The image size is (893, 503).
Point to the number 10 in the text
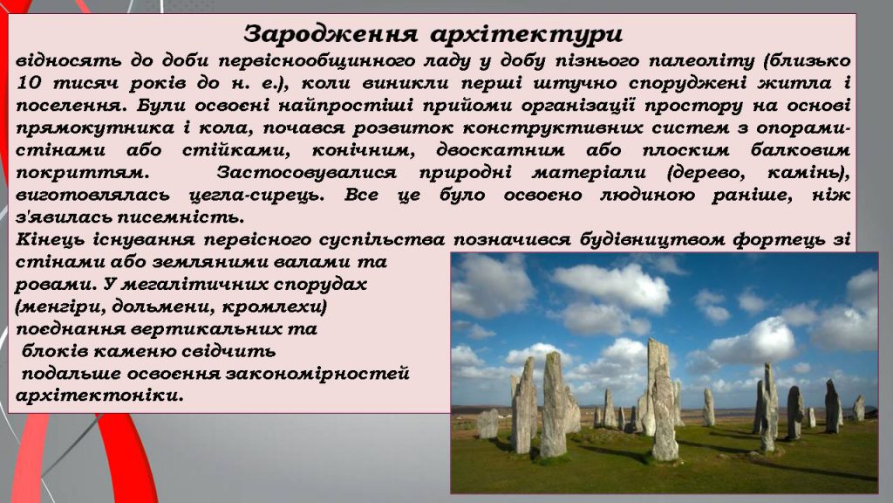click(x=30, y=85)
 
